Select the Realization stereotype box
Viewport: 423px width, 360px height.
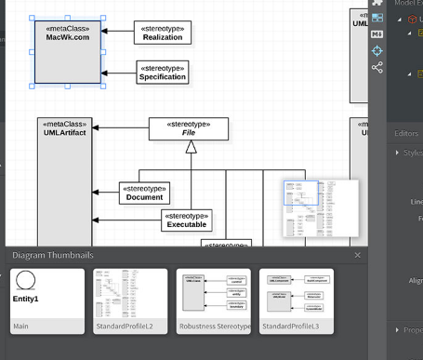point(162,33)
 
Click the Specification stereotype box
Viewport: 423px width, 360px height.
point(162,72)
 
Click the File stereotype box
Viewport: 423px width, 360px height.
point(189,128)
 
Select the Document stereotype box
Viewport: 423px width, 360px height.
point(144,193)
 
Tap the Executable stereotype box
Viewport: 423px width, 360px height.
point(187,220)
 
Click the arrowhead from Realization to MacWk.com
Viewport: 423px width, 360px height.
point(105,33)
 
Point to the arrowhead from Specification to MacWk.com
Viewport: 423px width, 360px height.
point(105,72)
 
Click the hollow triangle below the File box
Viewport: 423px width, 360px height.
point(190,147)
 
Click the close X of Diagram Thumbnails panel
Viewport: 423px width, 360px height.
point(358,255)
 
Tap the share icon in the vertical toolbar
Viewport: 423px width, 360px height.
point(377,67)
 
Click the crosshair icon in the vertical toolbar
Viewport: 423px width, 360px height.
point(377,50)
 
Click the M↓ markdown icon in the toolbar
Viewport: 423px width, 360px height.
point(377,34)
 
